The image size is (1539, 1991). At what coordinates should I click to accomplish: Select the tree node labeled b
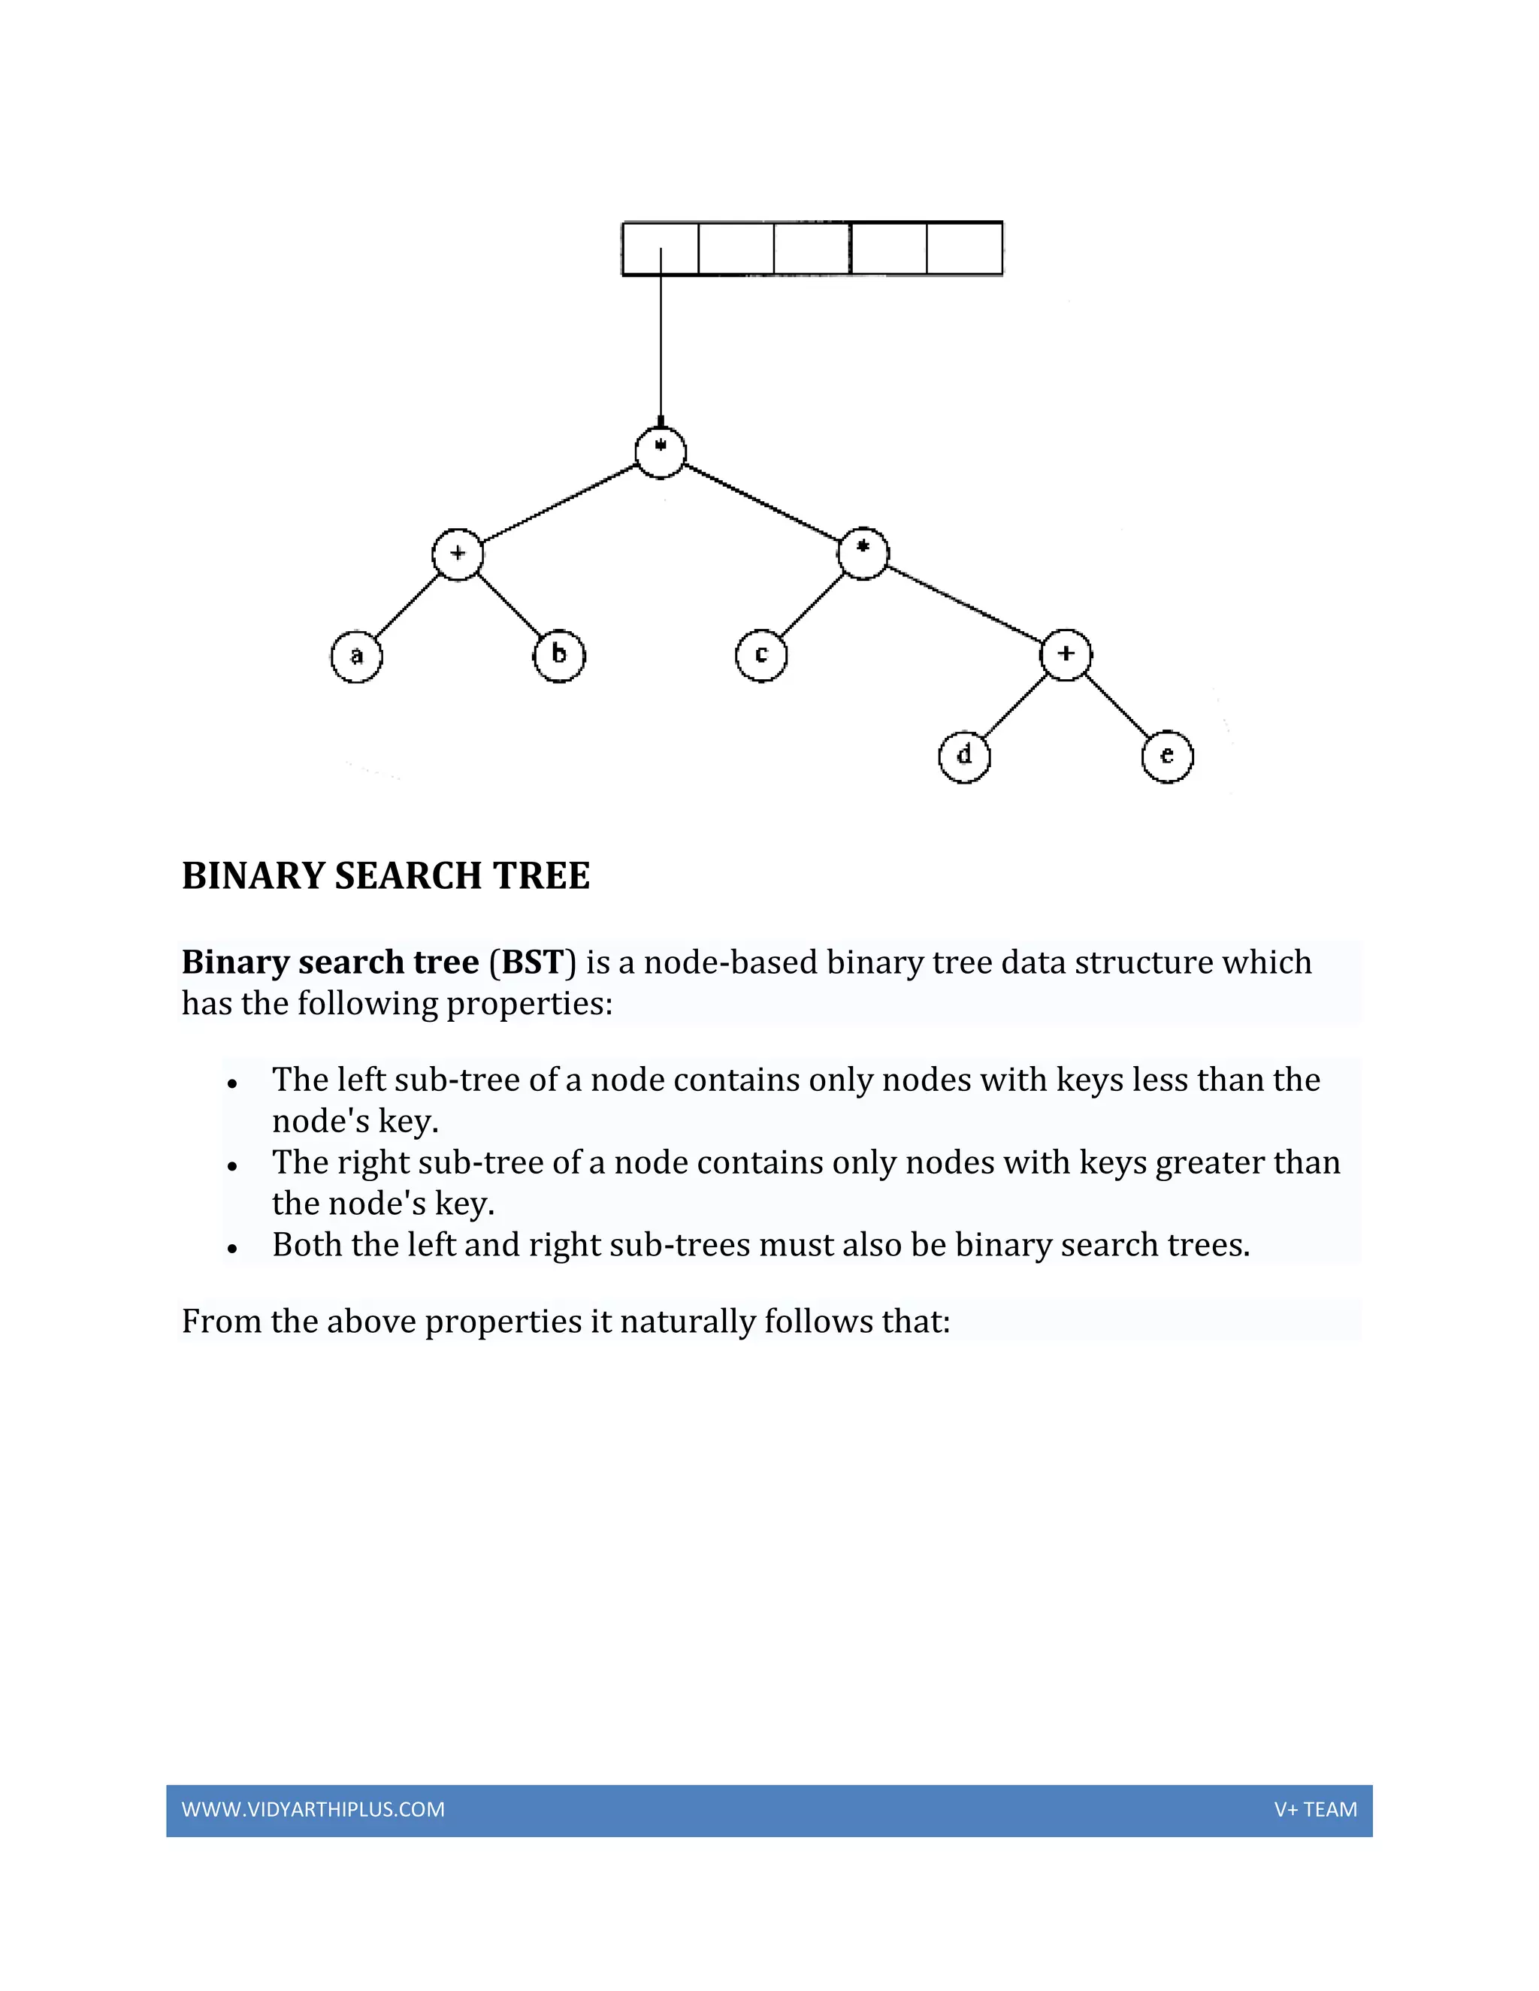point(559,655)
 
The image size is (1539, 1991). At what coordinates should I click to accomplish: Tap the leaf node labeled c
point(761,655)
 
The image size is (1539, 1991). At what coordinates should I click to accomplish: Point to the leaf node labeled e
point(1167,757)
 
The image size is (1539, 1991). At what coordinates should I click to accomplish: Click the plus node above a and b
point(458,554)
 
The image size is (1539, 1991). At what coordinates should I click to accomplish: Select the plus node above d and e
point(1066,654)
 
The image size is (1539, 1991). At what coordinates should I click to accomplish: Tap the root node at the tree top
point(660,452)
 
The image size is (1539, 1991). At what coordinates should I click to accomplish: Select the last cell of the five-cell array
point(965,248)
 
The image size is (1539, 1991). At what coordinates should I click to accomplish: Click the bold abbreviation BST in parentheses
point(533,962)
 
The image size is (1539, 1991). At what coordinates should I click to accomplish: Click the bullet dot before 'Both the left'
point(232,1248)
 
